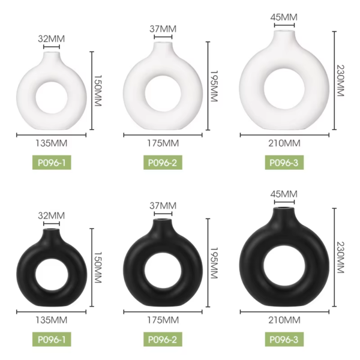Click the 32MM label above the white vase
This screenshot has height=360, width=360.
52,39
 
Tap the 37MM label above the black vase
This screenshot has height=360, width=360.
163,206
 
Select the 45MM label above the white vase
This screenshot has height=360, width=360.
284,17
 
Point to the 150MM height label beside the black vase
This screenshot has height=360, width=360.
98,268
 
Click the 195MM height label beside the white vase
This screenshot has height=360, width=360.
214,86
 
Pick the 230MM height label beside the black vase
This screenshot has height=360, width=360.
340,257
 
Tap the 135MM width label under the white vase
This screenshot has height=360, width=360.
52,143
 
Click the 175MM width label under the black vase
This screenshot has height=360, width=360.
163,320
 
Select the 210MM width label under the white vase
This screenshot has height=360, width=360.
284,143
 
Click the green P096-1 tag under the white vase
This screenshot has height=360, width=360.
52,163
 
